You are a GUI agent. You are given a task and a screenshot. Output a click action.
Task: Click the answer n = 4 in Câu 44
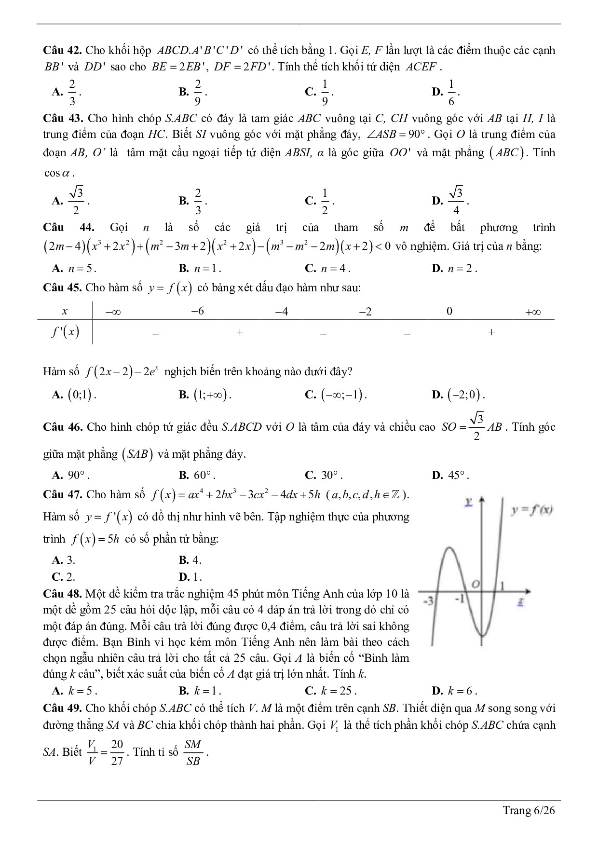[332, 269]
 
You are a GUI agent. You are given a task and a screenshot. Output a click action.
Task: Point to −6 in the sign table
[198, 311]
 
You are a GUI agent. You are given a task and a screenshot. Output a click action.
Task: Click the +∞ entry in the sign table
[532, 312]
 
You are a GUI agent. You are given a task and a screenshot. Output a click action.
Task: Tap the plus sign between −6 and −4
[239, 332]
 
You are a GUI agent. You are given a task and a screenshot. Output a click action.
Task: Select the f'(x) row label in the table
[65, 332]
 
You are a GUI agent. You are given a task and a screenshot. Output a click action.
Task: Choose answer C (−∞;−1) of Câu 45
[342, 395]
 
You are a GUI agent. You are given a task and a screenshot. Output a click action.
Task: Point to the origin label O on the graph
[476, 584]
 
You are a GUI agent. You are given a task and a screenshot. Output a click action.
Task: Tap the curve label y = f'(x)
[531, 510]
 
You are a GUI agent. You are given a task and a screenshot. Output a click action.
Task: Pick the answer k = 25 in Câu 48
[336, 691]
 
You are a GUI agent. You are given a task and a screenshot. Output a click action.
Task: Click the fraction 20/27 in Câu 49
[117, 752]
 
